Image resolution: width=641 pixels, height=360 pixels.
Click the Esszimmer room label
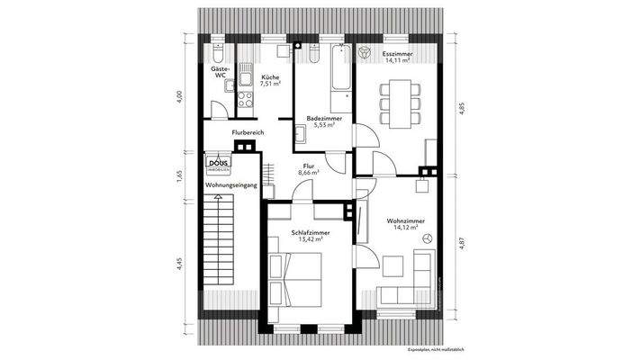(x=397, y=56)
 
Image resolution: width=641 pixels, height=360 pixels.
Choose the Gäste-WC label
(x=220, y=72)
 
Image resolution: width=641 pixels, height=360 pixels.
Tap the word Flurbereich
(x=248, y=132)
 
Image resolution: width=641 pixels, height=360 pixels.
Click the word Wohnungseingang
(x=231, y=184)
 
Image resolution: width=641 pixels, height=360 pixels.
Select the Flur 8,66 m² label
(x=308, y=168)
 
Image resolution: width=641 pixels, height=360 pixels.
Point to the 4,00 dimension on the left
(x=179, y=94)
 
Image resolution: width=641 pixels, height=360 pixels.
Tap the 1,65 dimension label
(x=179, y=175)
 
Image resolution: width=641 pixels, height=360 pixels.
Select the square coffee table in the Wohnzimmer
(x=393, y=265)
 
